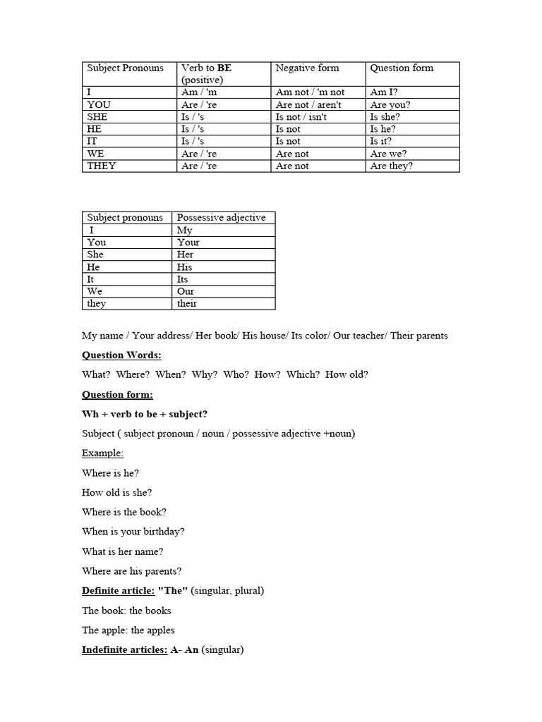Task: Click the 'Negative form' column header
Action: coord(307,68)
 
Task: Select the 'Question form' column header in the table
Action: coord(402,68)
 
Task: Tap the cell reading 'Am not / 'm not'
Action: coord(310,92)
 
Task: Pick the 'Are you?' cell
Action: coord(390,105)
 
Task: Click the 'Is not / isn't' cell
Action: coord(301,117)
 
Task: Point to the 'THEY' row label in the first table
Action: coord(102,166)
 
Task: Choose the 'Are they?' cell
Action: coord(392,166)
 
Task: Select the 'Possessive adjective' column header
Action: coord(221,218)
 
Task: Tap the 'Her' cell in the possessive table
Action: coord(186,255)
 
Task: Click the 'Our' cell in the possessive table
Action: coord(186,291)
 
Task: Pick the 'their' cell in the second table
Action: coord(187,304)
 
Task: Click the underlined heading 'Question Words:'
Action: coord(121,355)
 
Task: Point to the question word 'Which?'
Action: coord(303,374)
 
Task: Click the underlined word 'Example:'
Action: coord(102,453)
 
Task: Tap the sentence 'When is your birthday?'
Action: coord(133,532)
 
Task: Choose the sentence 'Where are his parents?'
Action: coord(132,571)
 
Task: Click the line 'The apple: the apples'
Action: coord(128,630)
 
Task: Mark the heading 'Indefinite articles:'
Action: coord(124,650)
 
